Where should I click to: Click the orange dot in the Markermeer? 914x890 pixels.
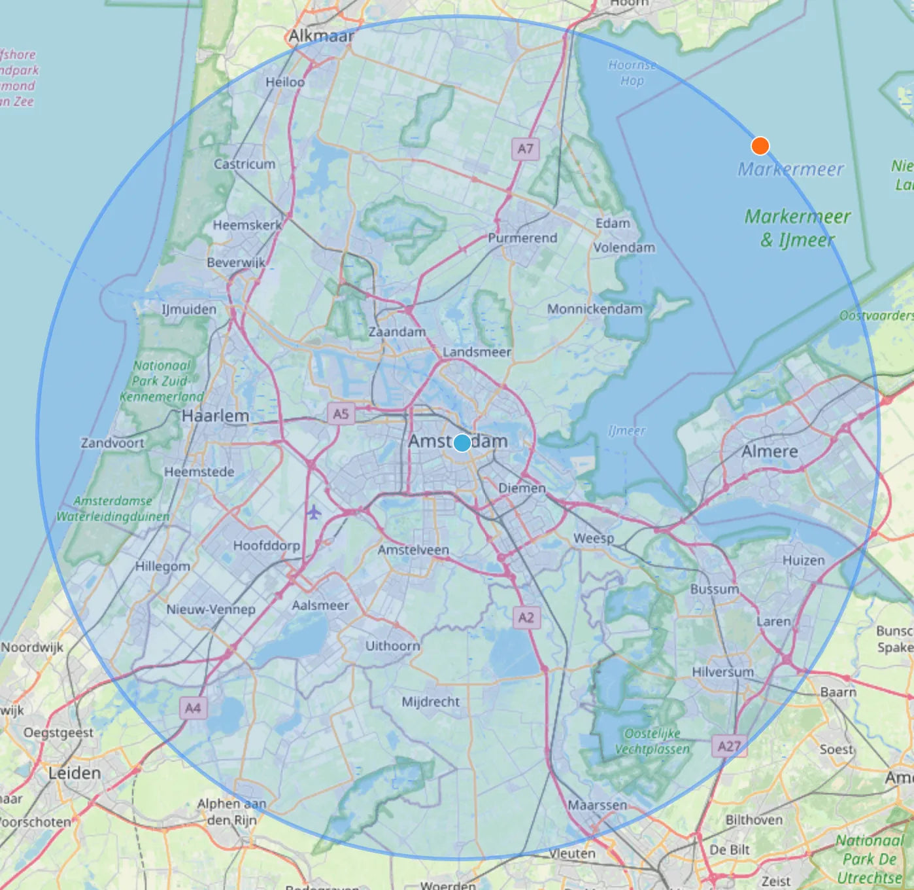[760, 145]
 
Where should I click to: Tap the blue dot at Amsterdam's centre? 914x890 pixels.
[462, 443]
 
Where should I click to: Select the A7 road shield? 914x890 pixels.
[526, 149]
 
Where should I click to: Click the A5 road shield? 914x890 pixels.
[341, 414]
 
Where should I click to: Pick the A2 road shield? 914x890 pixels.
[526, 617]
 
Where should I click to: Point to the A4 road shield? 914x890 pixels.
[193, 707]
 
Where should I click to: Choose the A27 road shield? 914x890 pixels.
[729, 746]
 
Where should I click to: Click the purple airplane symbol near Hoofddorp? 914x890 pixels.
[314, 511]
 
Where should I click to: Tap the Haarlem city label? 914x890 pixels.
[215, 416]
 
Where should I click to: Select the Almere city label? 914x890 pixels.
[770, 452]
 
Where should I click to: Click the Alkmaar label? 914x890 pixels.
[321, 36]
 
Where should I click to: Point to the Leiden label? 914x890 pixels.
[75, 773]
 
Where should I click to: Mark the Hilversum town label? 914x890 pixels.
[722, 671]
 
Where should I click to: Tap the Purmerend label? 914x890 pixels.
[522, 238]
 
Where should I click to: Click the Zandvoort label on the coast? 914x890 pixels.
[112, 443]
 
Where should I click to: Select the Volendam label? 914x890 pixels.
[624, 247]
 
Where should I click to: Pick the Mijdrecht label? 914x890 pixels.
[430, 702]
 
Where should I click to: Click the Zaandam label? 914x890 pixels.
[397, 332]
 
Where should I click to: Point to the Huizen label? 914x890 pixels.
[804, 560]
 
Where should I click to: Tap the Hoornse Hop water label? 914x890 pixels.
[632, 73]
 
